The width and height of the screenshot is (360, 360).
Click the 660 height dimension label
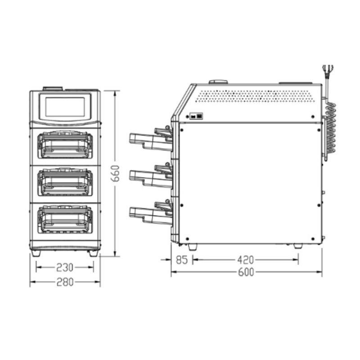coord(116,173)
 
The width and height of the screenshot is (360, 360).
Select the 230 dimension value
coord(65,267)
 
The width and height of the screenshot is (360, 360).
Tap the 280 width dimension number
coord(65,282)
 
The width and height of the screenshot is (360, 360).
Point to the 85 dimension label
coord(182,260)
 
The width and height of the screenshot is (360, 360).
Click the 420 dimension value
coord(245,260)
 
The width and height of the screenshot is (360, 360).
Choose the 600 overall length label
coord(246,272)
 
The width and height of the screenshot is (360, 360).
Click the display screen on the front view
coord(65,107)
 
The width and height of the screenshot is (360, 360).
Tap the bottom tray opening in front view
coord(65,219)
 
